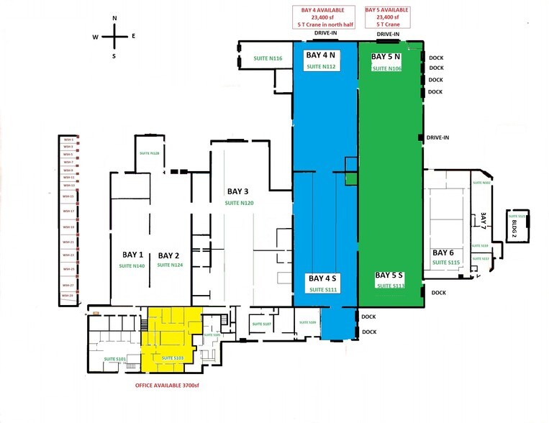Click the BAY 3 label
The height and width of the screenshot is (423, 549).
pos(237,191)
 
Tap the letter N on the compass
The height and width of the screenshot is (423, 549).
pos(114,18)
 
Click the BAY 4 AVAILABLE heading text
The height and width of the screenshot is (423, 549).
pos(322,10)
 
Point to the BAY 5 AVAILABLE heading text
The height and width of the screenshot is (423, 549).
pos(387,10)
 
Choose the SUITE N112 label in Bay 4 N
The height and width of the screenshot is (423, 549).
pos(322,67)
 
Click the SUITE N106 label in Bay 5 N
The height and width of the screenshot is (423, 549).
pos(386,68)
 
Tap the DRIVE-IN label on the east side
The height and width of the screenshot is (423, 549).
pos(438,137)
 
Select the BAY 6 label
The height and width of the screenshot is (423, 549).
pos(443,253)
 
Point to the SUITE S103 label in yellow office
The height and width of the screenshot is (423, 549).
pos(173,358)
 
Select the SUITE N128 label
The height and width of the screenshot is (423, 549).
pos(149,154)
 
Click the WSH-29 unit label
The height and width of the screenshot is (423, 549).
pos(67,296)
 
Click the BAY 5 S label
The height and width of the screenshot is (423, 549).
pos(389,276)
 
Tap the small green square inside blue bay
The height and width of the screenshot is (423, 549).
pos(351,180)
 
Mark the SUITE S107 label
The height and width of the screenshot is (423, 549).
pos(261,324)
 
